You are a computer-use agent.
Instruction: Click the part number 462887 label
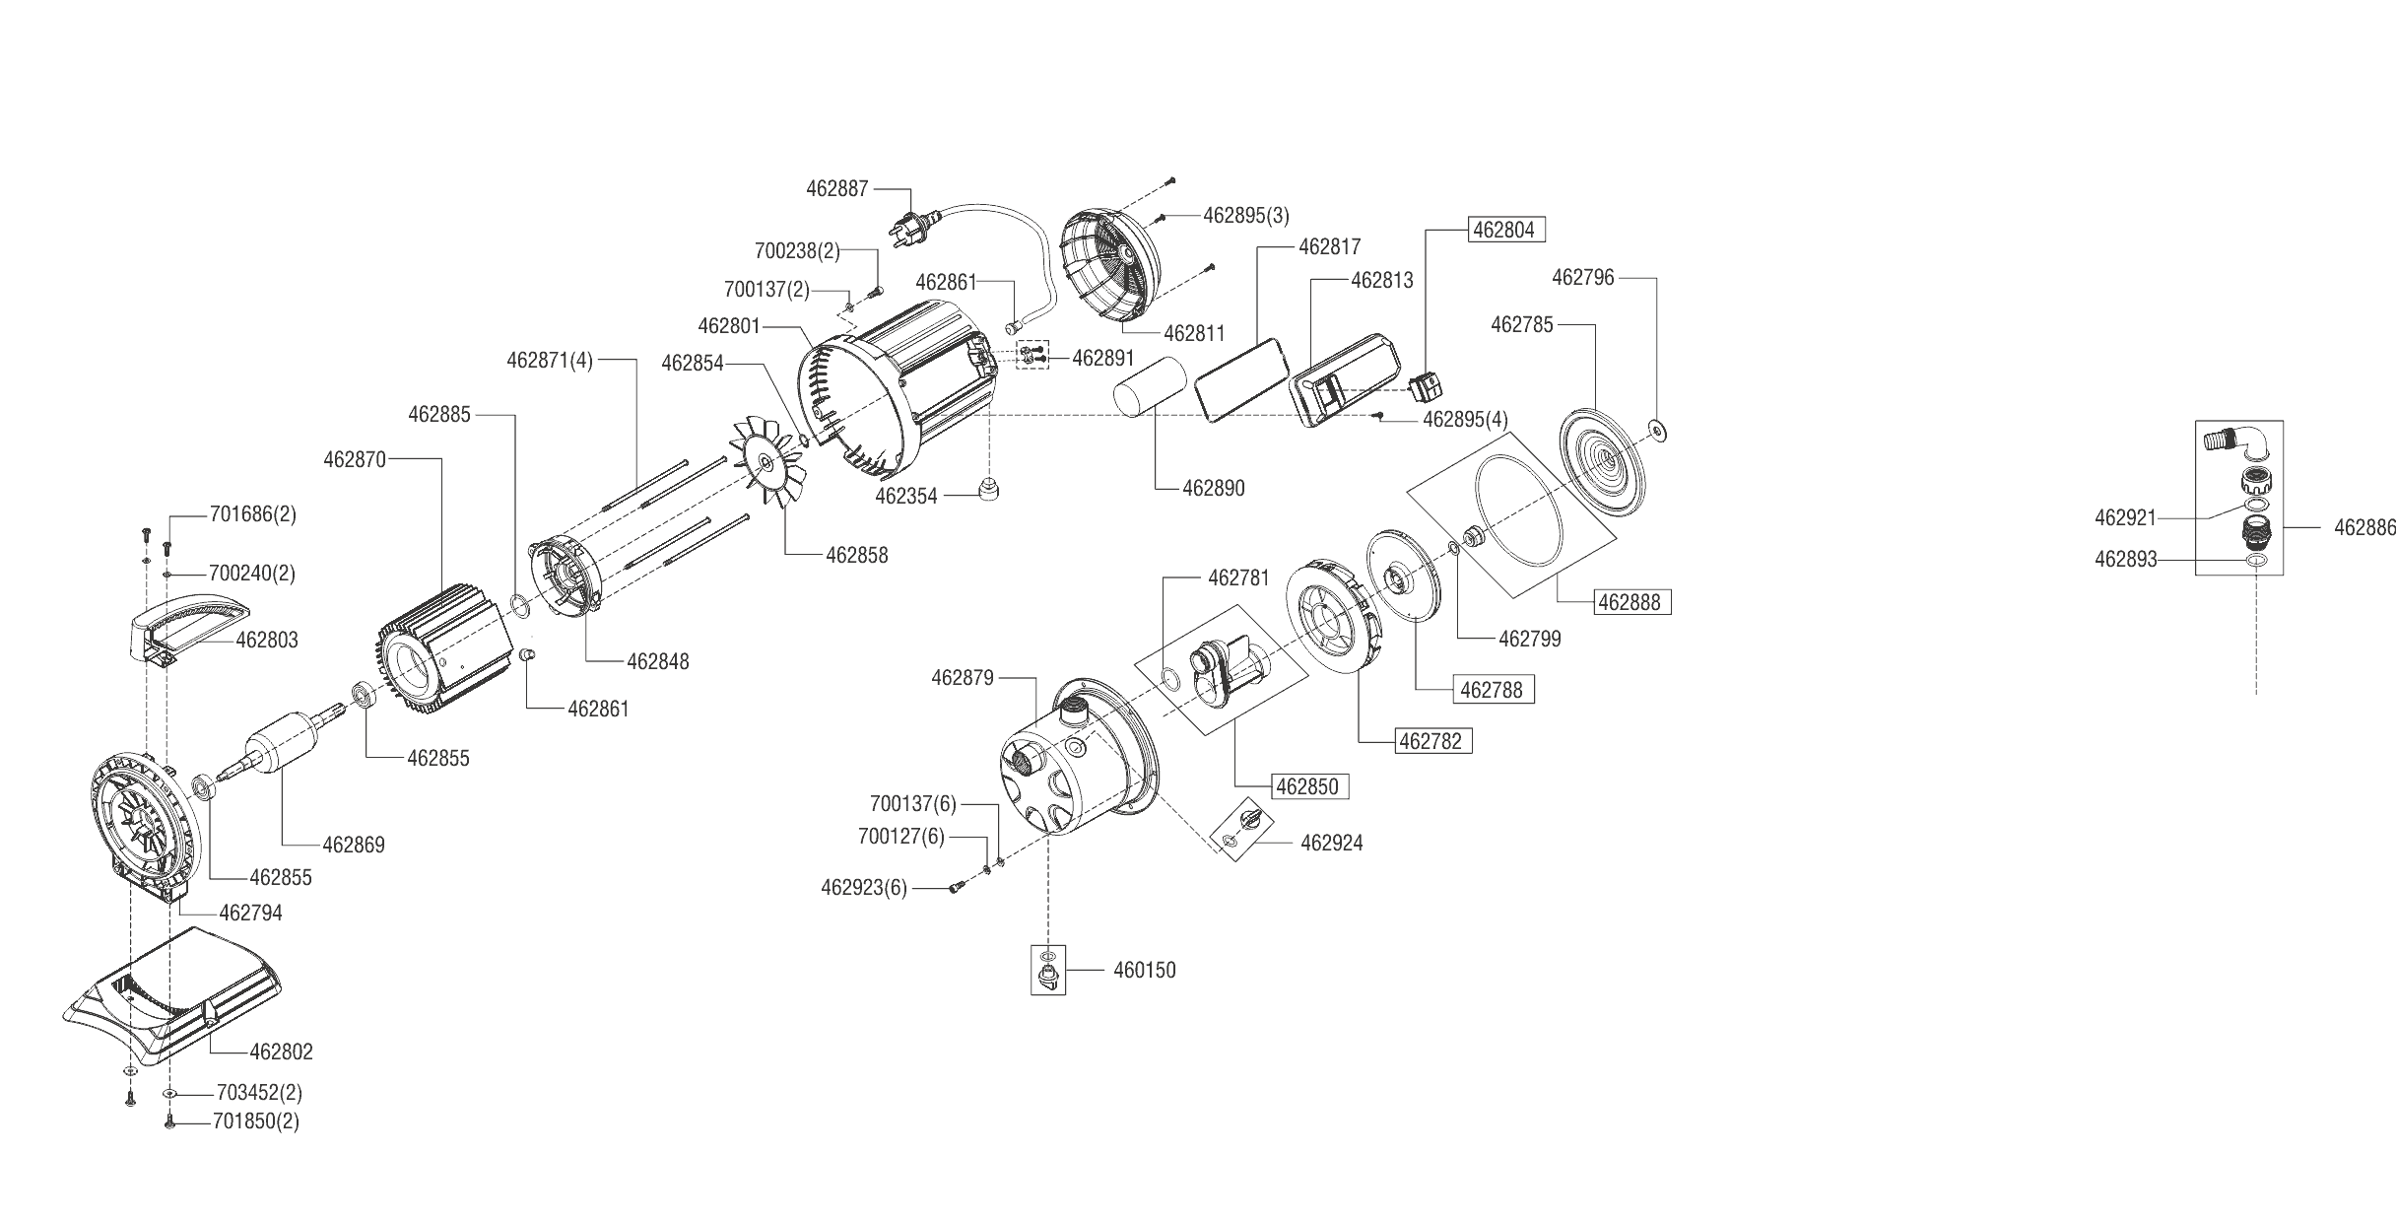coord(837,188)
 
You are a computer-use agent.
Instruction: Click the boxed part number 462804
coord(1506,230)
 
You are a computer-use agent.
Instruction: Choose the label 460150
coord(1145,970)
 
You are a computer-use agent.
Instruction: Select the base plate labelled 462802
coord(172,985)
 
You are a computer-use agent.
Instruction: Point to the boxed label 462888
coord(1632,601)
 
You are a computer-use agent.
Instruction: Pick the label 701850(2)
coord(256,1121)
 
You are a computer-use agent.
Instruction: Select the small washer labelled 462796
coord(1656,431)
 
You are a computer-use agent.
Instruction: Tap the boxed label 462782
coord(1433,740)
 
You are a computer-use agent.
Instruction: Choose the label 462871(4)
coord(550,360)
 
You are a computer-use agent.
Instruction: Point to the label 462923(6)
coord(864,888)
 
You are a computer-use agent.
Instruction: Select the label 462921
coord(2125,517)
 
